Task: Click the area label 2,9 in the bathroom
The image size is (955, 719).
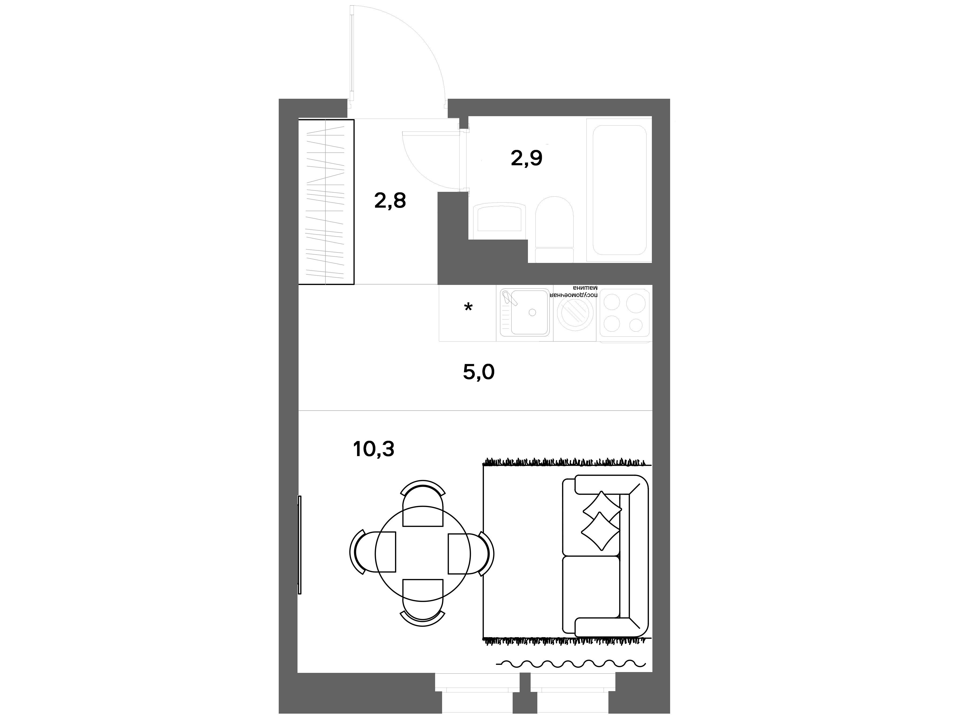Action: pos(526,159)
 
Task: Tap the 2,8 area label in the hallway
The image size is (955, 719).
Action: pos(390,201)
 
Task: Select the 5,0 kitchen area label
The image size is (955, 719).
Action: pos(478,372)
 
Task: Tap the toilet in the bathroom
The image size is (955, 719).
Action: pos(554,229)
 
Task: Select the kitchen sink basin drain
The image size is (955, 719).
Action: pos(532,313)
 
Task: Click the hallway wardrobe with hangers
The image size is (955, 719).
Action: pos(326,202)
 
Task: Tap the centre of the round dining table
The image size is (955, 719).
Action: pos(423,554)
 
